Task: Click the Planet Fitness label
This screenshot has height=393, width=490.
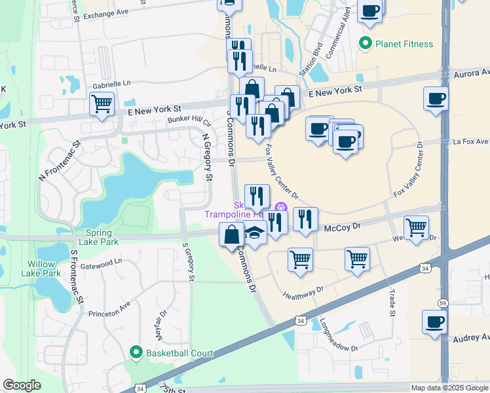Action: coord(404,44)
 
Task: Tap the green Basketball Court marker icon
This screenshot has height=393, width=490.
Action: coord(136,353)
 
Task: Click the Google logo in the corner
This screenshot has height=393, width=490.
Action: coord(22,385)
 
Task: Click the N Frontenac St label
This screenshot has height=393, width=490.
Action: coord(58,159)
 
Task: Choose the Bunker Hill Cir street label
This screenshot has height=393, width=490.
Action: coord(189,120)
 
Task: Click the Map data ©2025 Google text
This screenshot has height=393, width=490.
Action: coord(449,388)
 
